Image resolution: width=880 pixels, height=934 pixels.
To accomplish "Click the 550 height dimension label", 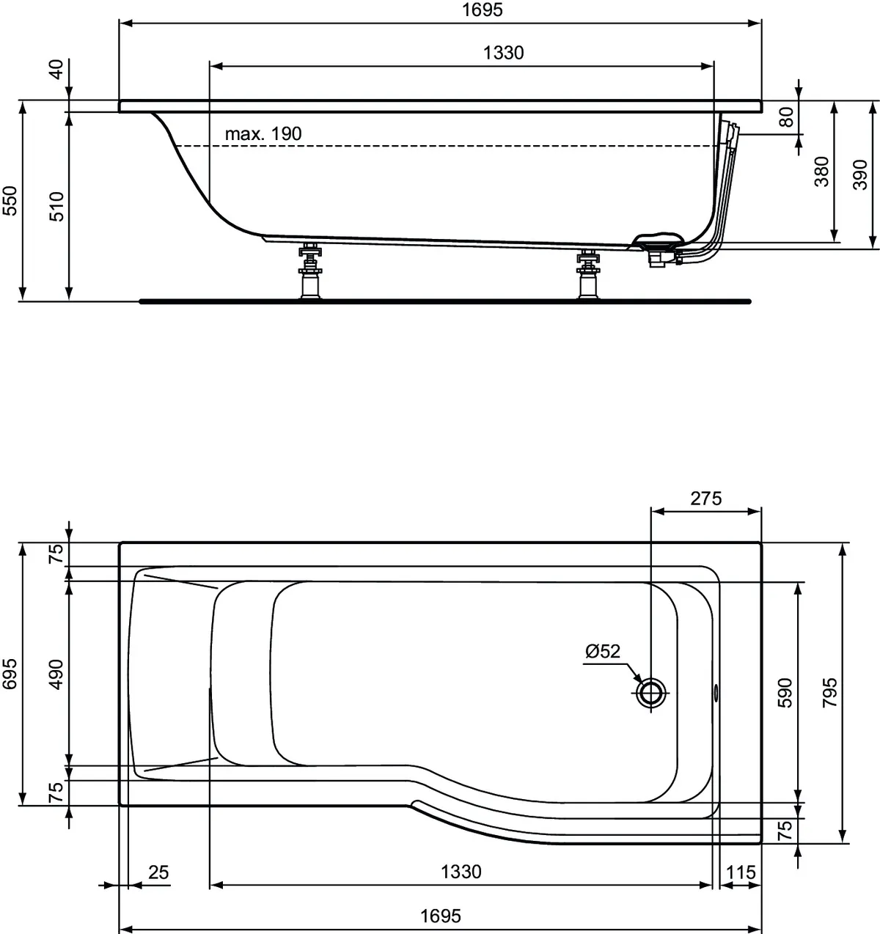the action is (10, 201).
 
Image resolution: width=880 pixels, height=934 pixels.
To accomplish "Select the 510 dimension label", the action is (56, 207).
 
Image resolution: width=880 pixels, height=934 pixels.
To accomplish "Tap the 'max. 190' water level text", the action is (263, 134).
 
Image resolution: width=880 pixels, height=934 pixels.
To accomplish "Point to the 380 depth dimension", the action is (821, 172).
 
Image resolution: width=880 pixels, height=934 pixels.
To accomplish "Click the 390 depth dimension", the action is (859, 174).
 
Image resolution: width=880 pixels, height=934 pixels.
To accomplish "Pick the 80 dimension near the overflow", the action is (786, 117).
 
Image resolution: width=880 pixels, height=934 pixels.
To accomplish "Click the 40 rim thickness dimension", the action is (56, 69).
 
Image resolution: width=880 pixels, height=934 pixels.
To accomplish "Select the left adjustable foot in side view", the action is (310, 271).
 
